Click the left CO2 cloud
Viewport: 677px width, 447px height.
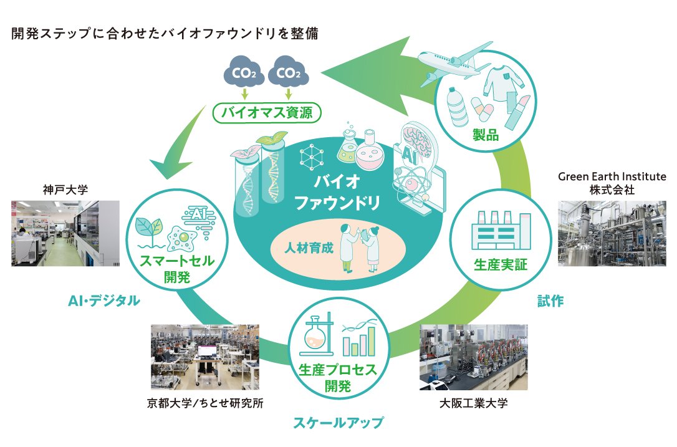tap(244, 74)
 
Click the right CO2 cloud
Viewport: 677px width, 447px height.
tap(289, 74)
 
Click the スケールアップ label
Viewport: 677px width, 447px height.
tap(338, 423)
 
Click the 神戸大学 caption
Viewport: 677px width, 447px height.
tap(65, 188)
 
